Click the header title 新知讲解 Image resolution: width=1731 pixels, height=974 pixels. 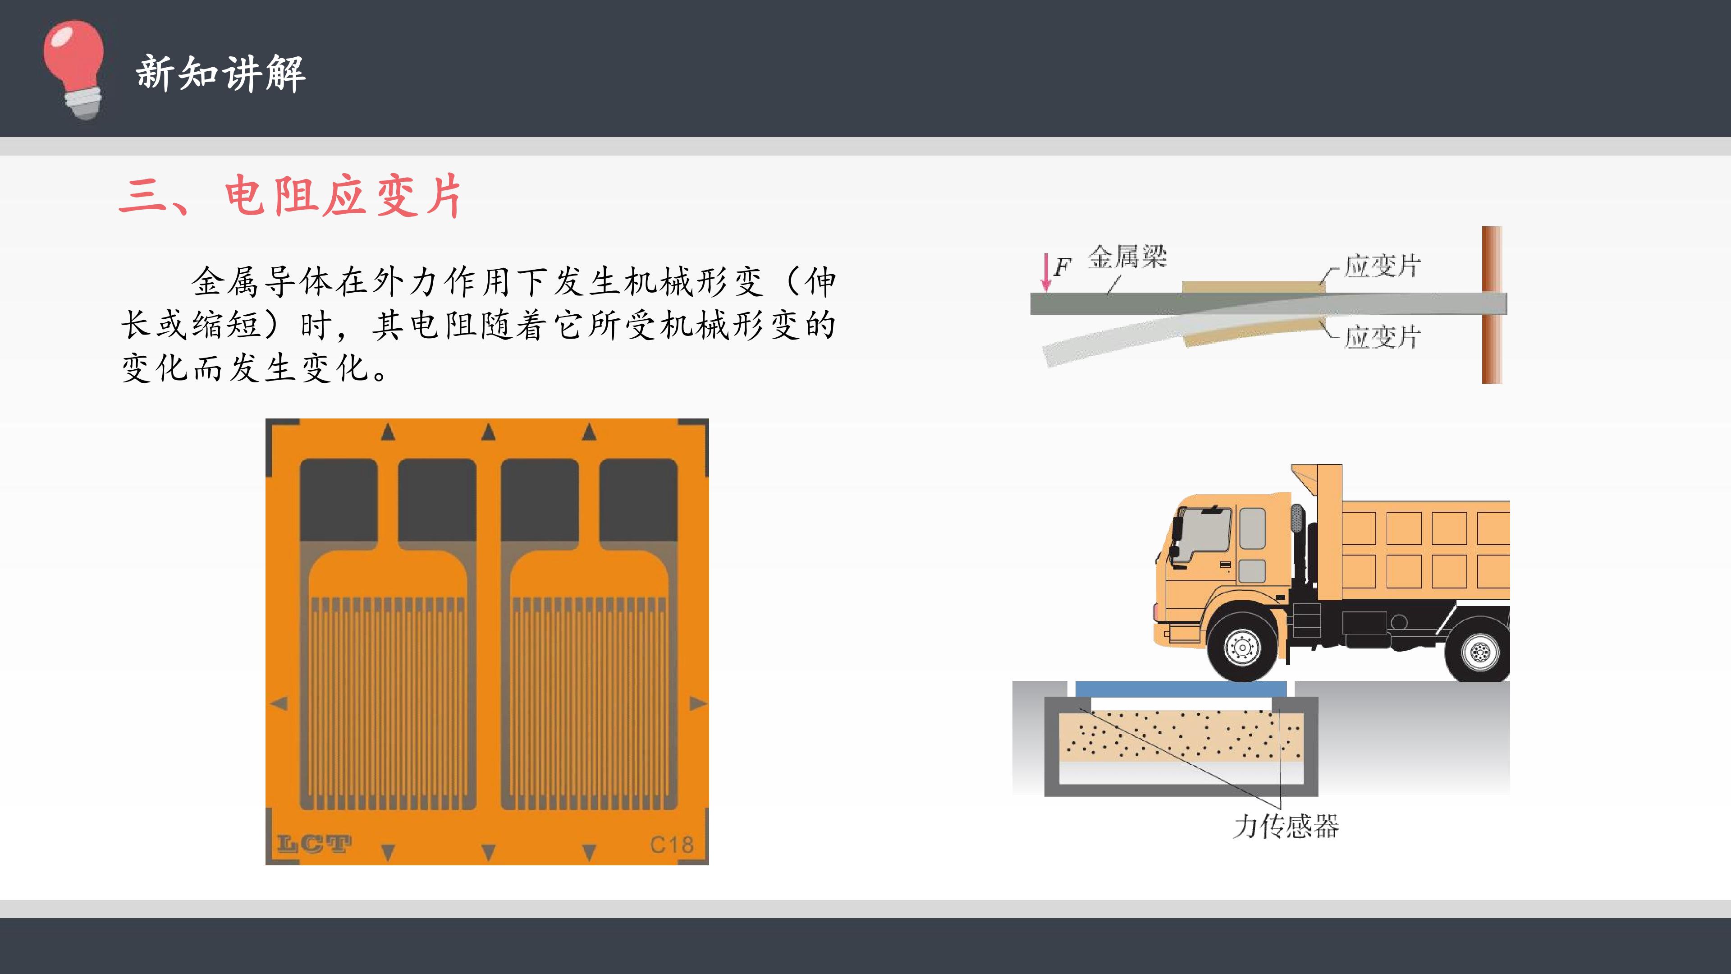point(221,73)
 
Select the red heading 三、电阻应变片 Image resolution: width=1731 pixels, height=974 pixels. point(290,196)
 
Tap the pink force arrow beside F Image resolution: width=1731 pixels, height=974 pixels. point(1046,271)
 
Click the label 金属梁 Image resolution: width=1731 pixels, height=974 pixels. point(1127,257)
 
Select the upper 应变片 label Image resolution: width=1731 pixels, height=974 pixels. point(1382,266)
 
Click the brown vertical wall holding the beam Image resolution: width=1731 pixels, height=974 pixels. point(1492,305)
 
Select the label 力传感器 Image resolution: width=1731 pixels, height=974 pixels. point(1286,826)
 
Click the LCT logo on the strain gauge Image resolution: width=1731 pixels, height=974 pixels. point(314,844)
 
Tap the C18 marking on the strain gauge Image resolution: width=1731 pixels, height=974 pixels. point(671,844)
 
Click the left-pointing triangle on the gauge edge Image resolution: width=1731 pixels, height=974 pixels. point(279,703)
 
